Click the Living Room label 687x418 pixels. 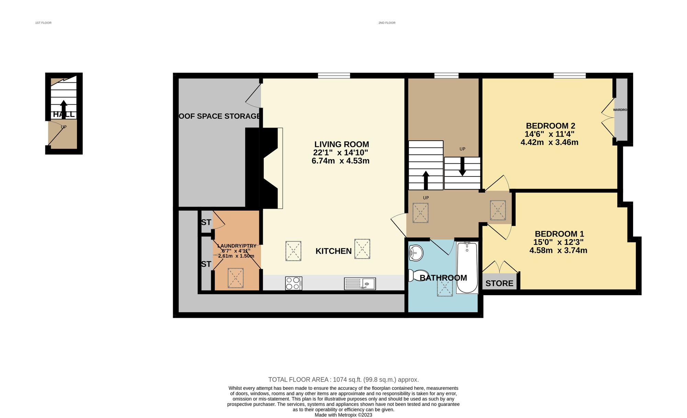pyautogui.click(x=341, y=144)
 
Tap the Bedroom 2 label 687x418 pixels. pyautogui.click(x=550, y=126)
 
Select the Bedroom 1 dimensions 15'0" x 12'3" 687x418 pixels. pyautogui.click(x=558, y=242)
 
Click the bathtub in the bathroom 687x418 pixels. pyautogui.click(x=467, y=267)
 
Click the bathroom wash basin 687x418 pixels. pyautogui.click(x=416, y=253)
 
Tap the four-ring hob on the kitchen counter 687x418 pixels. pyautogui.click(x=293, y=283)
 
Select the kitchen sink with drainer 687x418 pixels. pyautogui.click(x=360, y=284)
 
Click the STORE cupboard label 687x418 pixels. pyautogui.click(x=499, y=283)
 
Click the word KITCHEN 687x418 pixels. pyautogui.click(x=333, y=251)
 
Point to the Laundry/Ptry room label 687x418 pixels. pyautogui.click(x=237, y=246)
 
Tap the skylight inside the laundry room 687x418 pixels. pyautogui.click(x=236, y=278)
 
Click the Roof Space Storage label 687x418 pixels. pyautogui.click(x=220, y=116)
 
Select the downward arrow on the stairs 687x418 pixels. pyautogui.click(x=462, y=167)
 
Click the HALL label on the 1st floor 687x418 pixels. pyautogui.click(x=64, y=115)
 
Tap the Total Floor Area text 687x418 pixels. pyautogui.click(x=343, y=380)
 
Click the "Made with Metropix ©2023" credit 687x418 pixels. pyautogui.click(x=343, y=415)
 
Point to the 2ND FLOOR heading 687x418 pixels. pyautogui.click(x=387, y=23)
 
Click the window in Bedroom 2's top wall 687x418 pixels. pyautogui.click(x=569, y=76)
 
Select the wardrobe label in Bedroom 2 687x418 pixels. pyautogui.click(x=620, y=110)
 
